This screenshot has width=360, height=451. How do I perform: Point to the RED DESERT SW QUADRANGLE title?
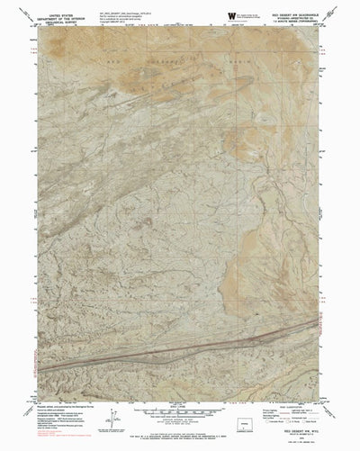[292, 14]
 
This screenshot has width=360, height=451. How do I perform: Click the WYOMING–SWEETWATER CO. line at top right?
[292, 19]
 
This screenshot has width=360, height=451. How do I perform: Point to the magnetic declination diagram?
[112, 396]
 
